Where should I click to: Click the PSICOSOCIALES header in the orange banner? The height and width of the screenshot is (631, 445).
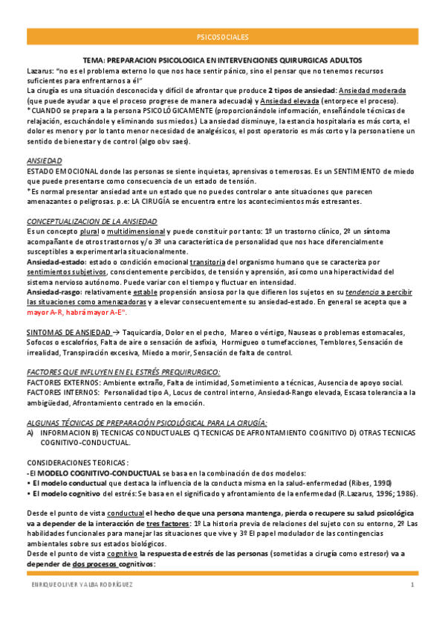tap(222, 36)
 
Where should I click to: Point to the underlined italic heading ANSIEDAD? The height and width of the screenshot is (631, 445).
tap(45, 161)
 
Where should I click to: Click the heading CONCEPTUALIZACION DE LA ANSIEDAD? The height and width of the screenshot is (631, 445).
tap(91, 222)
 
